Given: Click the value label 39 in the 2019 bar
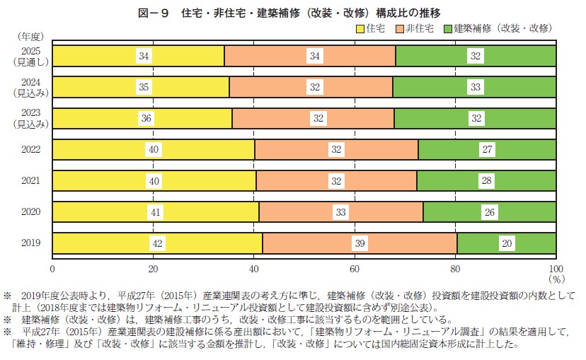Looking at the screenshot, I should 360,243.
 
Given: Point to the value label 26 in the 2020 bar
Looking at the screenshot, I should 490,211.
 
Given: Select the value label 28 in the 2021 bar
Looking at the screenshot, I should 486,180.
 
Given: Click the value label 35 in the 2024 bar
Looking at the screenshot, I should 144,87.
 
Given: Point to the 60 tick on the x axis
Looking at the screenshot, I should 355,268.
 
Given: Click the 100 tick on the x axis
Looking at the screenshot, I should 556,268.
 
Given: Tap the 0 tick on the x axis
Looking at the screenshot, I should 52,268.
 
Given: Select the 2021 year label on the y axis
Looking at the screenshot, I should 31,180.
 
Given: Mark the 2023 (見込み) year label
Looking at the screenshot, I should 31,117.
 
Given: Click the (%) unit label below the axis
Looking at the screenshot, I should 554,279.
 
